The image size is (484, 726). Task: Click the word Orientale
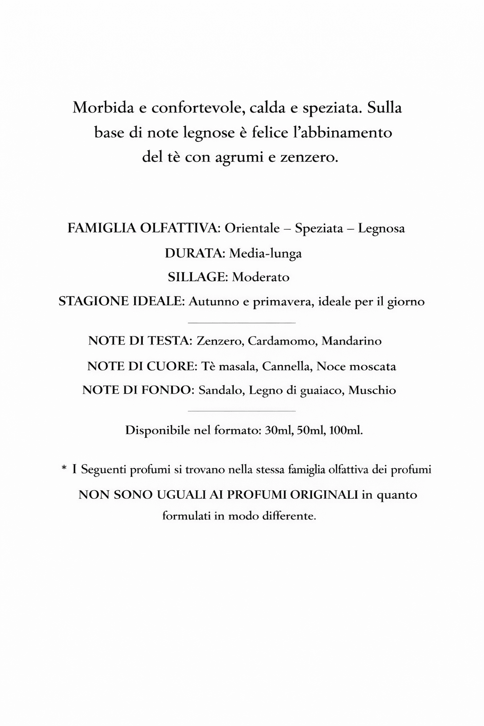point(252,229)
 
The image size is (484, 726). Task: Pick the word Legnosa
point(381,229)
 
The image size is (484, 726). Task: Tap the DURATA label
point(195,253)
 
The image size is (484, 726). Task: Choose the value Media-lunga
point(266,253)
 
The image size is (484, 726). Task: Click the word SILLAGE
point(198,277)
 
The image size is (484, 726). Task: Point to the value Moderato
point(261,277)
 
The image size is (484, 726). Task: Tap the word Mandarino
point(352,341)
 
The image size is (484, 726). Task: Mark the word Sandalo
point(220,390)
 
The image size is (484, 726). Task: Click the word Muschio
point(372,390)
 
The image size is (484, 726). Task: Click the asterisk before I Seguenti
point(64,468)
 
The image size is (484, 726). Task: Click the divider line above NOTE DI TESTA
point(242,323)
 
